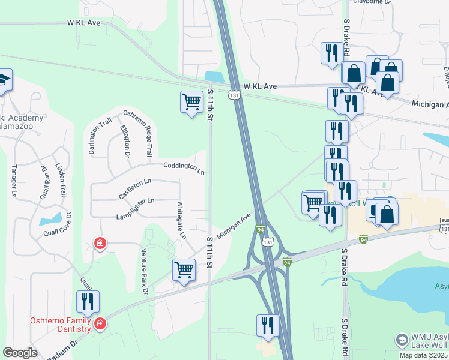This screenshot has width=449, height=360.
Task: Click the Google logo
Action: (19, 353)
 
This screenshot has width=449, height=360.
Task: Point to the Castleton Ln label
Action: (135, 188)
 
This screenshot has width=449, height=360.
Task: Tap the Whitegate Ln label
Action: (181, 219)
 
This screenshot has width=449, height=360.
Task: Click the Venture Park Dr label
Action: (145, 271)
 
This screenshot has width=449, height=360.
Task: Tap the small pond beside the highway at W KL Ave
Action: (214, 76)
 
